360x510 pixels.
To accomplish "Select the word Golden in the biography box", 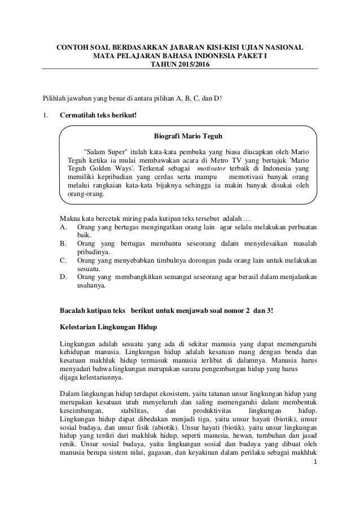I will click(99, 168).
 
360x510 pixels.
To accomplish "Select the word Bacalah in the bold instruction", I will click(74, 311).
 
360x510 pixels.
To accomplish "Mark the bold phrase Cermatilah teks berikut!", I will click(98, 117).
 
